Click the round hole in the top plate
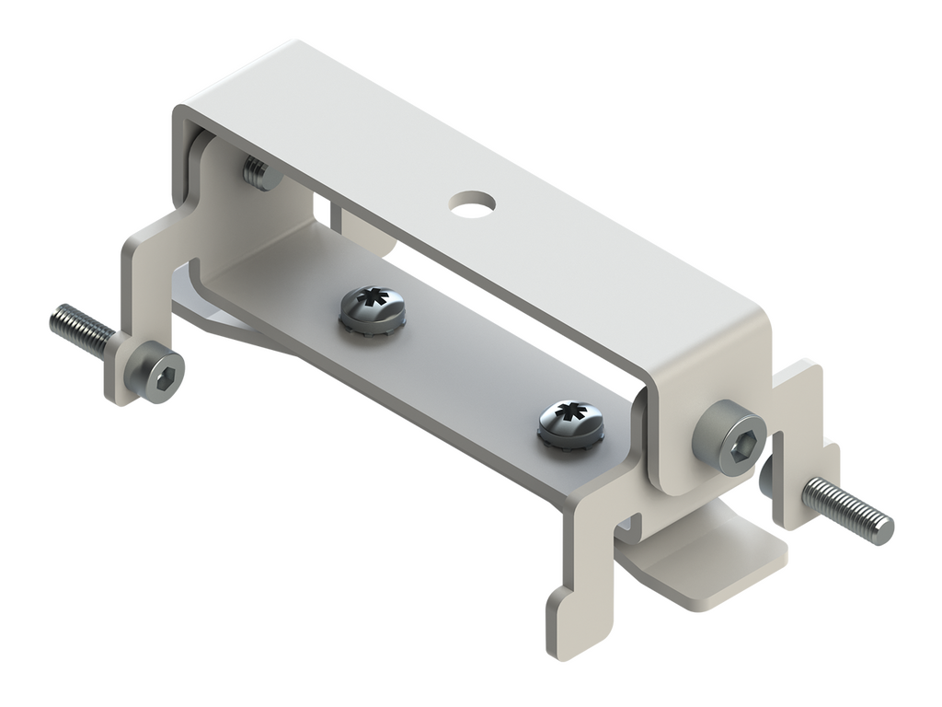(471, 202)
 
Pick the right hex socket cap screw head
(731, 440)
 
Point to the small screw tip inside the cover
(258, 171)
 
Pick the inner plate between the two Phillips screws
(460, 368)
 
